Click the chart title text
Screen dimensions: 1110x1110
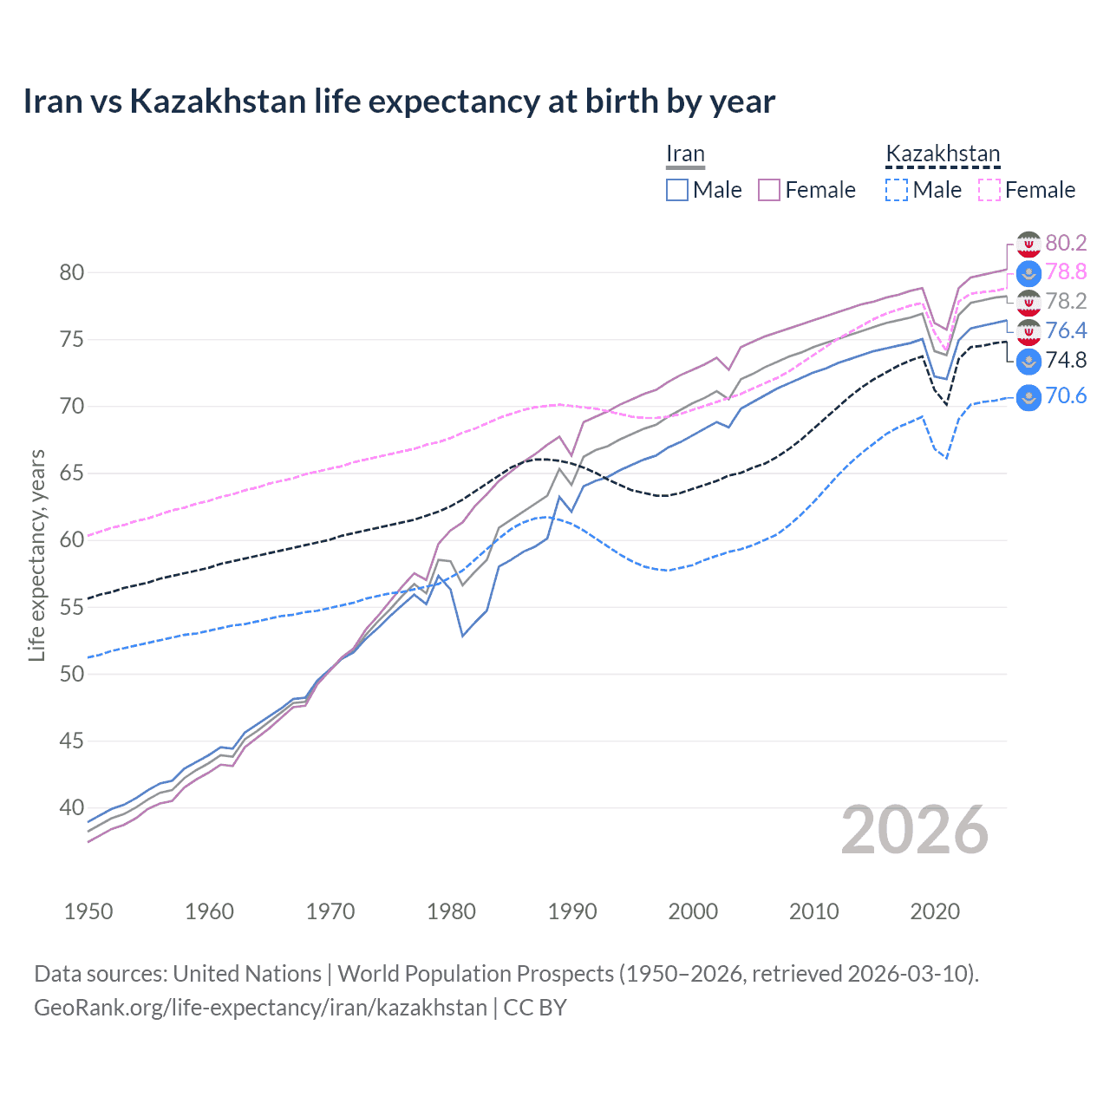click(x=399, y=101)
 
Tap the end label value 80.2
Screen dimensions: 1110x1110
click(x=1066, y=243)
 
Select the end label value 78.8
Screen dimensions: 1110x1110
click(x=1066, y=272)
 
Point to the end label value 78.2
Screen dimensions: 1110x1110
click(x=1066, y=301)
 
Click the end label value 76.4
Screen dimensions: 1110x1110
click(x=1066, y=330)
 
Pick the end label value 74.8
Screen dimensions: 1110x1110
click(x=1066, y=360)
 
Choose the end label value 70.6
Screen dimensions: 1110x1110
click(x=1066, y=396)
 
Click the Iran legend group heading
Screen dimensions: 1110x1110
click(x=685, y=154)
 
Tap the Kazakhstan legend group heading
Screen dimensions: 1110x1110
click(x=943, y=154)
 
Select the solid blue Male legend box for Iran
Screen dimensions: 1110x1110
click(x=677, y=190)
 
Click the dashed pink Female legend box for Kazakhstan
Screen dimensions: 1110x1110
click(x=989, y=190)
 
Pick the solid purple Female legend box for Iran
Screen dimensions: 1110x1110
click(x=769, y=190)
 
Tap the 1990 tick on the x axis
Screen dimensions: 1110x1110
click(x=572, y=911)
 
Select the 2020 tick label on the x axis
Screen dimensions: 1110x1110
click(x=935, y=911)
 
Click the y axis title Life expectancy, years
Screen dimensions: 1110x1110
click(x=37, y=555)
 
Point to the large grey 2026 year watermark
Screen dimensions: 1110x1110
click(x=915, y=831)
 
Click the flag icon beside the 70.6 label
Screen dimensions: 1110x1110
click(x=1028, y=397)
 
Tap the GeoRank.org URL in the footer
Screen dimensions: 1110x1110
click(x=260, y=1008)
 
